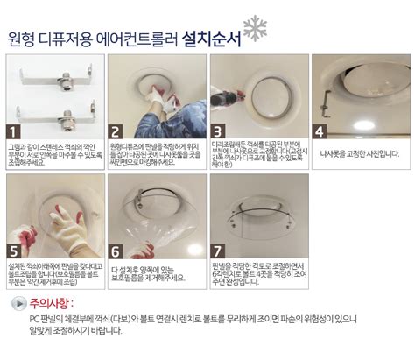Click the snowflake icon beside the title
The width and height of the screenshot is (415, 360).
pyautogui.click(x=254, y=28)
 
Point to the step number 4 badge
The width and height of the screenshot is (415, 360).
pyautogui.click(x=320, y=131)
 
